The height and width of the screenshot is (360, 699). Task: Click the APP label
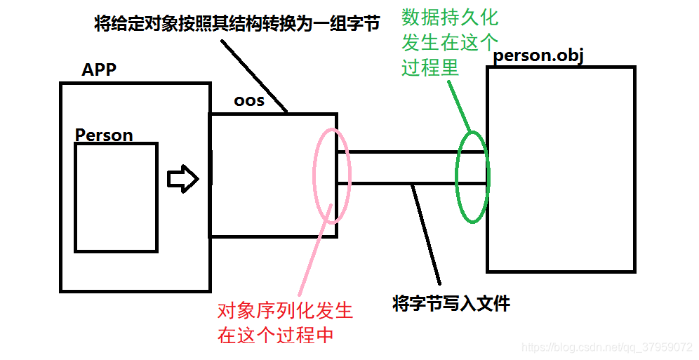pos(99,70)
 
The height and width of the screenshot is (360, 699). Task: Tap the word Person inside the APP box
pos(104,135)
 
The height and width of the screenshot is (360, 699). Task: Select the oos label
pos(249,101)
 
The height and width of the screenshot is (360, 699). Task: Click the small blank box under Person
pos(116,197)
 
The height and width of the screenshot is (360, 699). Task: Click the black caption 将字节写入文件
pos(451,304)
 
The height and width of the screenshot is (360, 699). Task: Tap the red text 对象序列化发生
pos(285,311)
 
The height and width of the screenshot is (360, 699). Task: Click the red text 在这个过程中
pos(275,335)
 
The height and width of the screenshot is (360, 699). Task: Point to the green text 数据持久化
pos(450,18)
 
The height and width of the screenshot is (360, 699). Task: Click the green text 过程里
pos(430,68)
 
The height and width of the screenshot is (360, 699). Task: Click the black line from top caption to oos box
pos(254,76)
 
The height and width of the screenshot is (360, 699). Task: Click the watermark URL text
pos(608,347)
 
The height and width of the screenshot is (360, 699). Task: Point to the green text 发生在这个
pos(450,43)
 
